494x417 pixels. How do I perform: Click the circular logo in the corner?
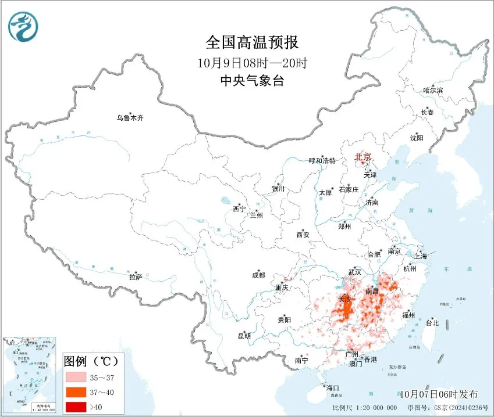pos(23,26)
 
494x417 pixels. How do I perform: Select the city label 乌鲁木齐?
pos(129,118)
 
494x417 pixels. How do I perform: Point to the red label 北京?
pos(365,157)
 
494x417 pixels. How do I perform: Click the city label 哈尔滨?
pos(433,90)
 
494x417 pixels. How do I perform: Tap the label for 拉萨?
pos(136,278)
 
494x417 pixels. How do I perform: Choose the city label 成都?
pos(259,275)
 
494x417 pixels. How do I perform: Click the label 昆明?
pos(244,336)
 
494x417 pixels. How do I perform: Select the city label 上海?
pos(420,256)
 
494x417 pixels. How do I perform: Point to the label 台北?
pos(432,323)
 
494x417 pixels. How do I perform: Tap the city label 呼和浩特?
pos(322,161)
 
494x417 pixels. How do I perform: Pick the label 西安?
pos(303,235)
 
